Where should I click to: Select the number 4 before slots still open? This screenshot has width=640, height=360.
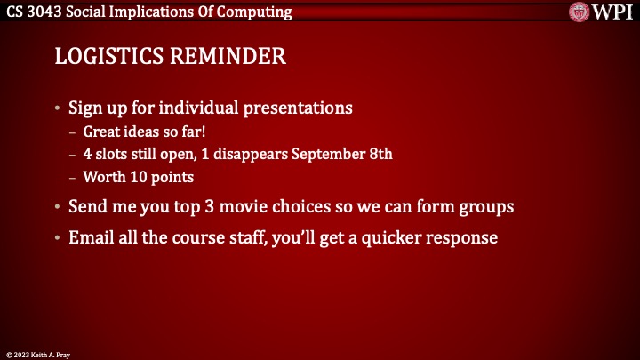point(87,154)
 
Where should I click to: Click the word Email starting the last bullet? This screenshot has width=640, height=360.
point(90,238)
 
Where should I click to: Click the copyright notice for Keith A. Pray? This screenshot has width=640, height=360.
point(37,354)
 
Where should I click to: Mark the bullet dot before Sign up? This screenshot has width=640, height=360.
point(59,109)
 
